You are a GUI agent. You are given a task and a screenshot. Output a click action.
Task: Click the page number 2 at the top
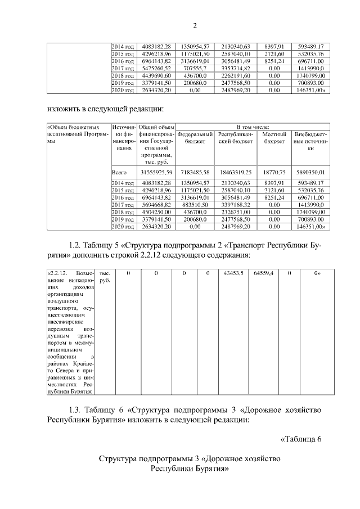195,25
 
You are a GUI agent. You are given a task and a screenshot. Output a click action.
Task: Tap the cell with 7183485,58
195,172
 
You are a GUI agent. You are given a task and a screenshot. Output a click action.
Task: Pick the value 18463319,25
236,172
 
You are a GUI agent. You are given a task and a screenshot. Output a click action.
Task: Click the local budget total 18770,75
274,172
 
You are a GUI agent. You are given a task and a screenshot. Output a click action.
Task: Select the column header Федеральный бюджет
195,138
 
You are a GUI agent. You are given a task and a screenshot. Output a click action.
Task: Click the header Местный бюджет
274,138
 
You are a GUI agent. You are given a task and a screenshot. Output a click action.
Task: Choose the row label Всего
119,172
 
